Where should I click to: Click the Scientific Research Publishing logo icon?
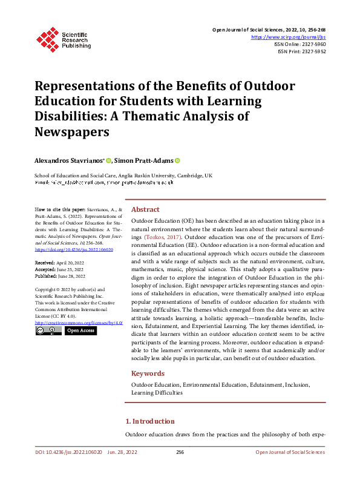[x=47, y=39]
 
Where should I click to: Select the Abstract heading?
[x=145, y=208]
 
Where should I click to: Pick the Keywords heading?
[x=148, y=373]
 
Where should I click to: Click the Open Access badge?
[x=80, y=331]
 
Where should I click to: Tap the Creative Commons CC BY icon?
[x=48, y=331]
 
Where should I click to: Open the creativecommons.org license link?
[x=75, y=323]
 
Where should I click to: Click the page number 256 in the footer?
[x=180, y=452]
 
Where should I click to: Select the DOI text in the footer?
[x=67, y=452]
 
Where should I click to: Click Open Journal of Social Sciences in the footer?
[x=290, y=452]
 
